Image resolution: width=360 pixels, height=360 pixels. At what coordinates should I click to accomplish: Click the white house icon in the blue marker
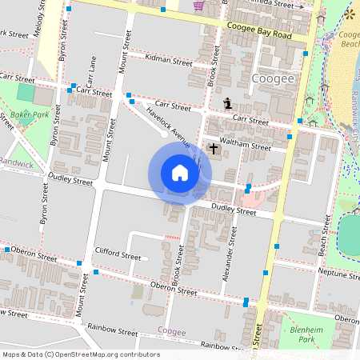point(180,173)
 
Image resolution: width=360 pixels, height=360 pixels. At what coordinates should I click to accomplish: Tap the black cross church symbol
point(214,148)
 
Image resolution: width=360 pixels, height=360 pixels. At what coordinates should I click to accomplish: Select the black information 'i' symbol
point(229,102)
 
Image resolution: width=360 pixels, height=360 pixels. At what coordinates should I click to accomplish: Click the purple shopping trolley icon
point(198,6)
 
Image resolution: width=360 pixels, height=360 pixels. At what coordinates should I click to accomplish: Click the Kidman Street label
point(170,62)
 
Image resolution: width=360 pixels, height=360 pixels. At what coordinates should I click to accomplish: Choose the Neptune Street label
point(334,274)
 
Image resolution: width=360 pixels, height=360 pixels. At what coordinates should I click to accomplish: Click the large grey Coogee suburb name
point(273,79)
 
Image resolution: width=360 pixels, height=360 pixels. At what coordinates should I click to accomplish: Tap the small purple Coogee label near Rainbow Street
point(171,330)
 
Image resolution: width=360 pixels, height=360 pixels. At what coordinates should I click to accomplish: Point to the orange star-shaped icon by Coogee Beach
point(349,14)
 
